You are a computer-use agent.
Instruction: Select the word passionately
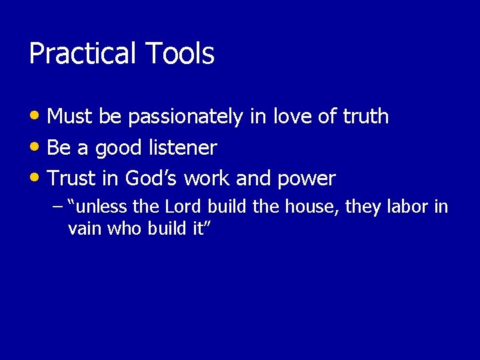[185, 117]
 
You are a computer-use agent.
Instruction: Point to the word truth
[365, 117]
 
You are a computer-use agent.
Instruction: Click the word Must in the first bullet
[70, 117]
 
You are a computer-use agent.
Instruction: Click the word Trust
[72, 179]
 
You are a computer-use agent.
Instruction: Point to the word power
[306, 179]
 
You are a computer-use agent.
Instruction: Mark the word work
[207, 179]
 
